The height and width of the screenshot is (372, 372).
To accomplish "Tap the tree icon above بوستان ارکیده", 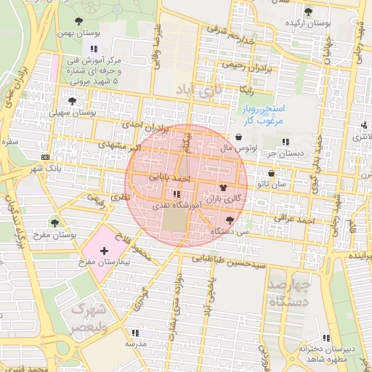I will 309,12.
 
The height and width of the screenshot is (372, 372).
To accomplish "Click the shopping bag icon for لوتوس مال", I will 239,137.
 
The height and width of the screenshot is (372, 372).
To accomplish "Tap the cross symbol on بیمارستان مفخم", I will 104,250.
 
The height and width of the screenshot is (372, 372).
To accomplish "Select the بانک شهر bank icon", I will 46,157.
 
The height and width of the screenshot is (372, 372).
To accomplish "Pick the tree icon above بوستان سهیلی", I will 72,101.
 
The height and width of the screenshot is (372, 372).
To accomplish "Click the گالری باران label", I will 222,198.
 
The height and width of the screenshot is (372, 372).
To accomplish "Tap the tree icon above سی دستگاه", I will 230,219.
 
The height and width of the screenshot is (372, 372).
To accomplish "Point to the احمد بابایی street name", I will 169,177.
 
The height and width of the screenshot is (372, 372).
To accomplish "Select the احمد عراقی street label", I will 293,217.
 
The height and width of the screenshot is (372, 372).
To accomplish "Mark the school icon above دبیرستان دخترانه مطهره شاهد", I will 327,338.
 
